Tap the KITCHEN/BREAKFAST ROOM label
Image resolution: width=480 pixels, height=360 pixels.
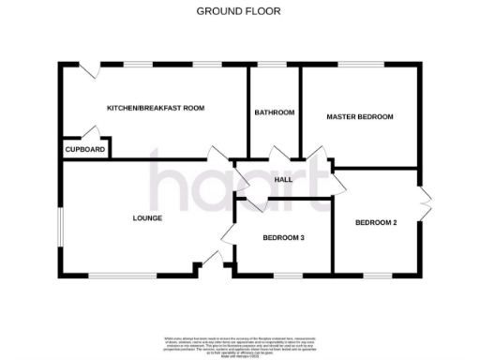(156, 108)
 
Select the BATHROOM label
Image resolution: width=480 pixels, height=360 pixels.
(274, 112)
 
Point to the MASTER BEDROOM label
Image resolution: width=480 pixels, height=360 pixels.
(359, 116)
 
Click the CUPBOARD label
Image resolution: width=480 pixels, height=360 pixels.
(84, 149)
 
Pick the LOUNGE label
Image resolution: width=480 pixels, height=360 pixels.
(147, 218)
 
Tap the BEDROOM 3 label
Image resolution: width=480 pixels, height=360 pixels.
(283, 238)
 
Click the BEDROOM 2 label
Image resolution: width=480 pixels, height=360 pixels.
(376, 222)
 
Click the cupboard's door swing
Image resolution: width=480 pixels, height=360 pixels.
(92, 133)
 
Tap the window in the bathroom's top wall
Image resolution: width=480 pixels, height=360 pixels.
(273, 65)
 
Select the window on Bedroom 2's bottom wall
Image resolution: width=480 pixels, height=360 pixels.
(375, 276)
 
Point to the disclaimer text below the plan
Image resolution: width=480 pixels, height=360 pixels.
(239, 343)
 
